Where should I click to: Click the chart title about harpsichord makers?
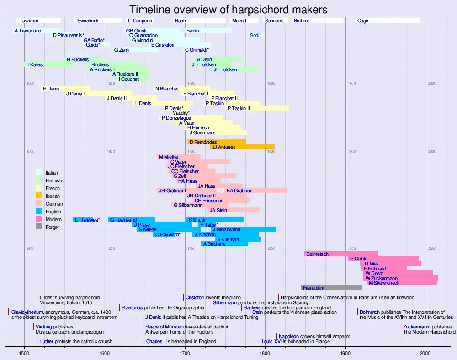tap(228, 10)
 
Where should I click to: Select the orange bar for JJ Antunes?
tap(242, 147)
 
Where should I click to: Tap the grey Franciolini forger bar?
tap(331, 288)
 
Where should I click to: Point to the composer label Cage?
tap(363, 21)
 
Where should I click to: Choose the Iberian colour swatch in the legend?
tap(39, 196)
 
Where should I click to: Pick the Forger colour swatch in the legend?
tap(39, 227)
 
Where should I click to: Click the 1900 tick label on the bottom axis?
tap(345, 353)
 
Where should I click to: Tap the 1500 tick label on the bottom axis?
tap(25, 353)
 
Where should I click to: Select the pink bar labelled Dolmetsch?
tap(340, 254)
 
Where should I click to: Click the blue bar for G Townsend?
tap(131, 220)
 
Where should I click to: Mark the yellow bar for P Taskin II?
tap(258, 108)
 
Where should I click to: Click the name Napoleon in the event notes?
tap(289, 336)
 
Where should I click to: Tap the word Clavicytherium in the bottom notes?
tap(27, 312)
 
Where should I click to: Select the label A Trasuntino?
tap(28, 31)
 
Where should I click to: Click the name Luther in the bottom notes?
tap(47, 341)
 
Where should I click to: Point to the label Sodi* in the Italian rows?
tap(255, 35)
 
